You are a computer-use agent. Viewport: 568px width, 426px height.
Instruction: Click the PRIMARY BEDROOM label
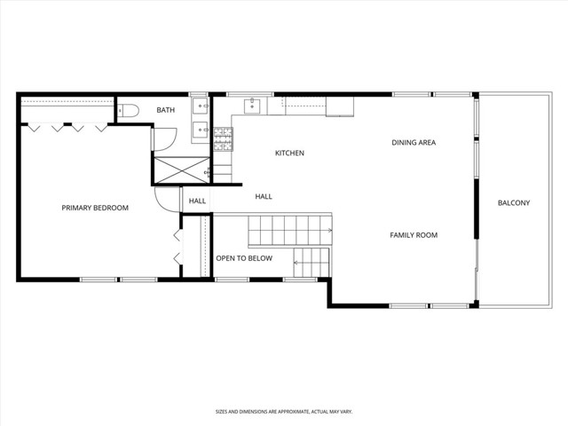coord(95,208)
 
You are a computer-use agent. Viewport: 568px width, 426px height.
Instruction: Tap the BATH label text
coord(166,110)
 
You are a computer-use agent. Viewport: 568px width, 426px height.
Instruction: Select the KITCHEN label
coord(289,154)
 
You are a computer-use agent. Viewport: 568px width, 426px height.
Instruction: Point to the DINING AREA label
coord(414,142)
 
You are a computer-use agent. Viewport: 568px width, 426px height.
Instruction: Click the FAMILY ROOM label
coord(414,235)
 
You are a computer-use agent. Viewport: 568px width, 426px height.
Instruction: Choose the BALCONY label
coord(513,203)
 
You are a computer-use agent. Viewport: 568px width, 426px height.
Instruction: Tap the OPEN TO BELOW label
coord(244,258)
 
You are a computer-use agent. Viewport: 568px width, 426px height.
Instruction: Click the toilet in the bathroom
coord(130,110)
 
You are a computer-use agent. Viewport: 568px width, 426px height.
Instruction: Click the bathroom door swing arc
coord(162,138)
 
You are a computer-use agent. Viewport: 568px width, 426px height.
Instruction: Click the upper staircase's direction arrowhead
coord(329,231)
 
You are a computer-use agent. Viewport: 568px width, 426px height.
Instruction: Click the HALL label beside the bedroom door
coord(197,201)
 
